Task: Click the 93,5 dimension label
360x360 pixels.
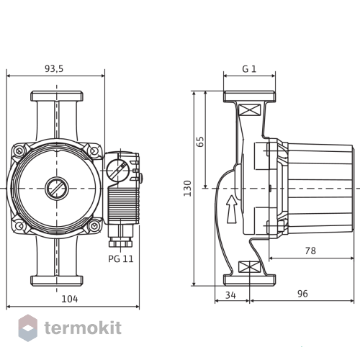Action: [x=54, y=69]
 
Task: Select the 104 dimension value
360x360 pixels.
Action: [x=70, y=299]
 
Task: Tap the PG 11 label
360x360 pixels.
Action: [x=121, y=259]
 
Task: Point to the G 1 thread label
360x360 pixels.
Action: [x=249, y=69]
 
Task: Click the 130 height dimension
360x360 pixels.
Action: [x=187, y=189]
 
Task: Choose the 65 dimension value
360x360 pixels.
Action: [x=200, y=142]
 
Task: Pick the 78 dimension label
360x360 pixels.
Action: [x=310, y=251]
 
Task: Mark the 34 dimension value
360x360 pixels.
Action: [x=230, y=295]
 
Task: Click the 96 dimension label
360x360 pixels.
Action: [x=302, y=294]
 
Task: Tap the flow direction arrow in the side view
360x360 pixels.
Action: [x=232, y=210]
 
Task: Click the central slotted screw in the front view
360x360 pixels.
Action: [x=57, y=189]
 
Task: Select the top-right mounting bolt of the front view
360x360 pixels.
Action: [x=94, y=151]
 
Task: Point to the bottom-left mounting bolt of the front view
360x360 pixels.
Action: [x=19, y=225]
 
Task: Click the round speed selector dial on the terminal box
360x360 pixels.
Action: [x=117, y=170]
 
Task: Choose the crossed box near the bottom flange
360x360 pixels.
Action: [x=249, y=267]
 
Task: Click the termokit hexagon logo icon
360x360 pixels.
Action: [x=28, y=328]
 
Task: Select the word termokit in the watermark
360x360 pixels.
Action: [x=83, y=328]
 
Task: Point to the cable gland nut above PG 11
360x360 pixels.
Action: [x=120, y=243]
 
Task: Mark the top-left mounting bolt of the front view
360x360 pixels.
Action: [x=19, y=151]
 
